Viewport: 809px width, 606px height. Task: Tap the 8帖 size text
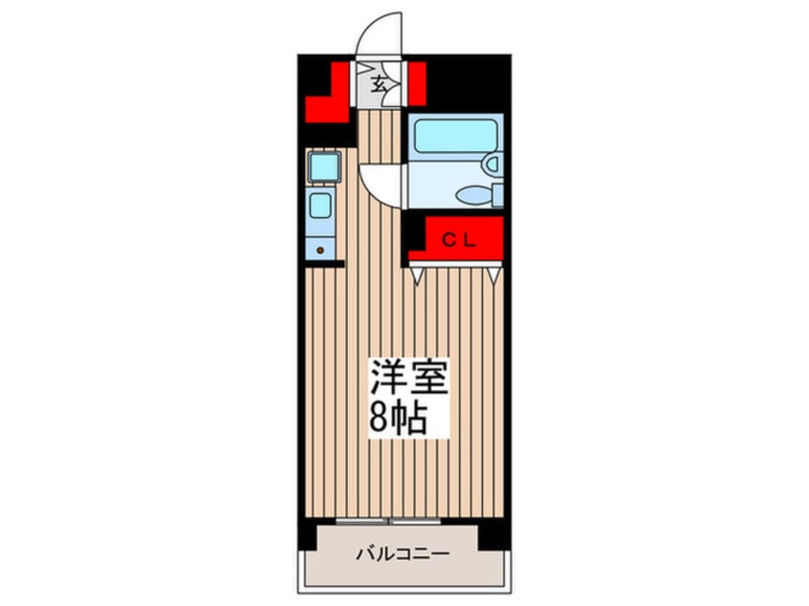coord(395,420)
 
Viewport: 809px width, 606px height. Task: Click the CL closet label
coord(456,240)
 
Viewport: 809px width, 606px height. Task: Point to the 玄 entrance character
coord(379,83)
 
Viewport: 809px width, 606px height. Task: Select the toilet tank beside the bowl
coord(496,195)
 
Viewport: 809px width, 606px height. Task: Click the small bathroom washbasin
coord(492,163)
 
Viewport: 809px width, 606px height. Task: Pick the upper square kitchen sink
coord(323,167)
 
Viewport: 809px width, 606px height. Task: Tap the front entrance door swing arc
coord(381,32)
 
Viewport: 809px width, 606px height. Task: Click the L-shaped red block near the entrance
coord(327,99)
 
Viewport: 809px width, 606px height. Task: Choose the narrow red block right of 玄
coord(417,83)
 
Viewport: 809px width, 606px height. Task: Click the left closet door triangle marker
coord(417,275)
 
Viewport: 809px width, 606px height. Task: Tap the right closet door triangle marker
coord(492,275)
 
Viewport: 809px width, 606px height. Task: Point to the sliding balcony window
coord(387,521)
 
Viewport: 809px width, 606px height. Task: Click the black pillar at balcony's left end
coord(306,534)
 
